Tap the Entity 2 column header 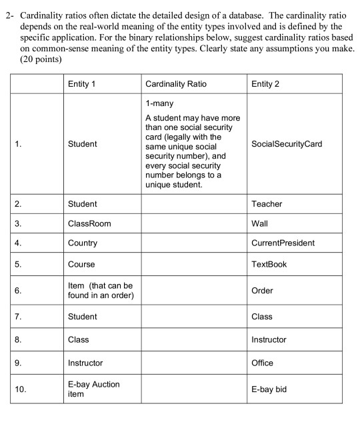pos(265,84)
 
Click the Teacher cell pos(267,203)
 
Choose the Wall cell pos(260,223)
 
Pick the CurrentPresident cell pos(283,243)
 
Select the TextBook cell pos(269,264)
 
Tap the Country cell pos(83,243)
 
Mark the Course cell pos(81,264)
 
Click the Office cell pos(262,363)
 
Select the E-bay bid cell pos(269,389)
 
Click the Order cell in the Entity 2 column pos(262,291)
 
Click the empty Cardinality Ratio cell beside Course pos(193,264)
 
